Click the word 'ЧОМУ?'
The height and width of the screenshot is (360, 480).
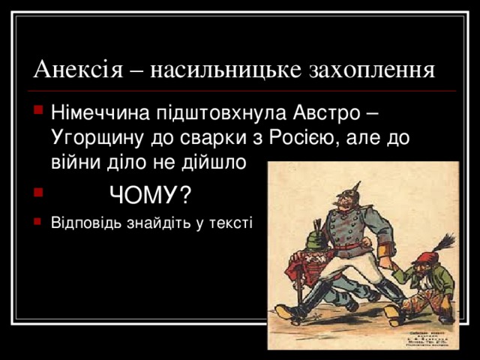pyautogui.click(x=149, y=196)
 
